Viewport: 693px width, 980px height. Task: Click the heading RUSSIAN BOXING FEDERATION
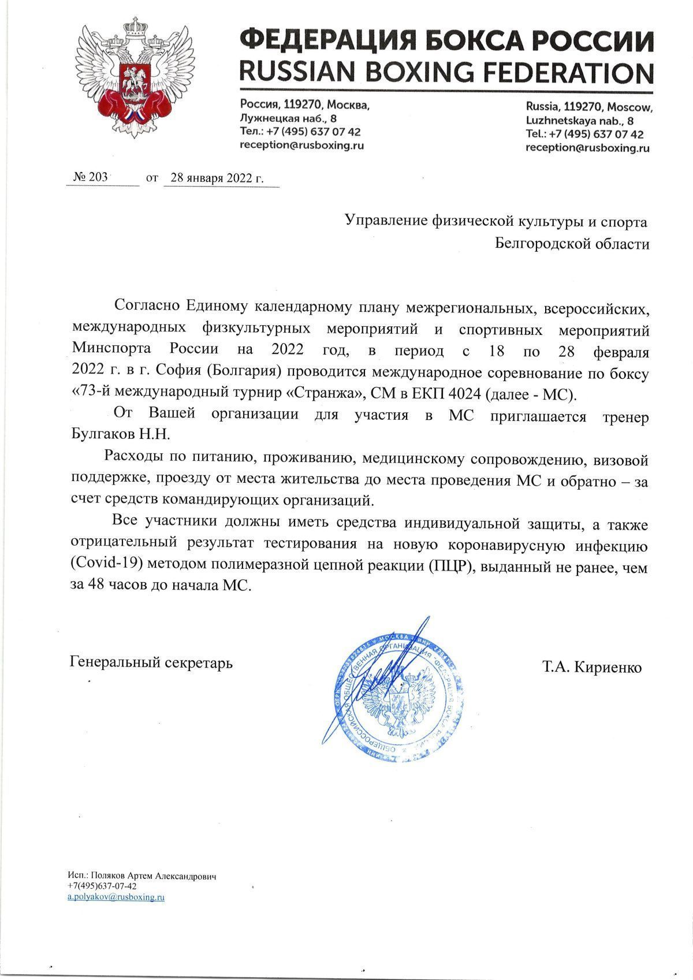click(x=446, y=73)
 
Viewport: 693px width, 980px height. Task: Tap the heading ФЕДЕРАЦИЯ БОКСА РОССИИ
click(x=446, y=42)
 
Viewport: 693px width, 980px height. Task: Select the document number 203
click(x=98, y=177)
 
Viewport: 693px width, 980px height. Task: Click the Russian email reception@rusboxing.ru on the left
click(x=301, y=146)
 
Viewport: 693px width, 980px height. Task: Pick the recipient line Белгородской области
click(x=572, y=244)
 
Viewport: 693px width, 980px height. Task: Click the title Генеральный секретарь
click(x=151, y=662)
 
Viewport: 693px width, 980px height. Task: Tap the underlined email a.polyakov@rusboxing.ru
click(x=116, y=897)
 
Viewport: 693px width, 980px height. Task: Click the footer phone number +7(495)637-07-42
click(x=102, y=886)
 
